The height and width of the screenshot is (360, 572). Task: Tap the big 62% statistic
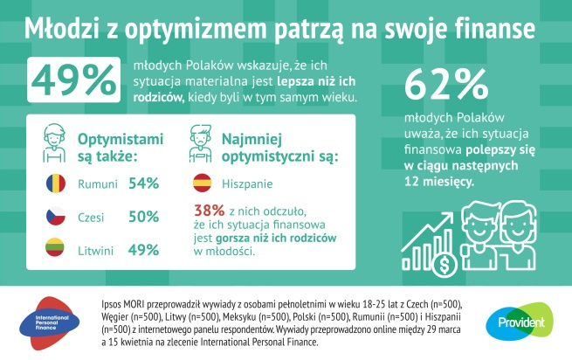[446, 87]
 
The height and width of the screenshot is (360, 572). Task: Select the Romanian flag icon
[52, 183]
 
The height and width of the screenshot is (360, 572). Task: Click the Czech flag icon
[52, 217]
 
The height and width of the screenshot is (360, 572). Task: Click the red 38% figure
[208, 210]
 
